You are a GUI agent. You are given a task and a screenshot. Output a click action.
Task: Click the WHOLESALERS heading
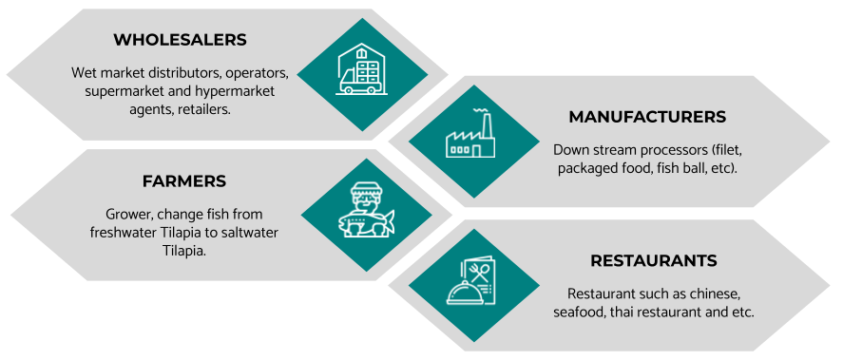click(x=180, y=40)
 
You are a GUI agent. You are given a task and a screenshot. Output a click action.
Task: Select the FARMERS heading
click(x=183, y=181)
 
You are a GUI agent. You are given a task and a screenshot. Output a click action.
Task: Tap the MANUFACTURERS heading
click(x=647, y=117)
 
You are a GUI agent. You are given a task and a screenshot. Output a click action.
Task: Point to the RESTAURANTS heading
click(x=653, y=260)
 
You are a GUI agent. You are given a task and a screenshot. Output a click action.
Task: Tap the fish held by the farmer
click(x=367, y=220)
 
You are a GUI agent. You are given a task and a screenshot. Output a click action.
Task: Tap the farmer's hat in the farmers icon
click(x=366, y=189)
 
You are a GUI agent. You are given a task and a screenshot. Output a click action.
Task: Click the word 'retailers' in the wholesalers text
click(x=202, y=109)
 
